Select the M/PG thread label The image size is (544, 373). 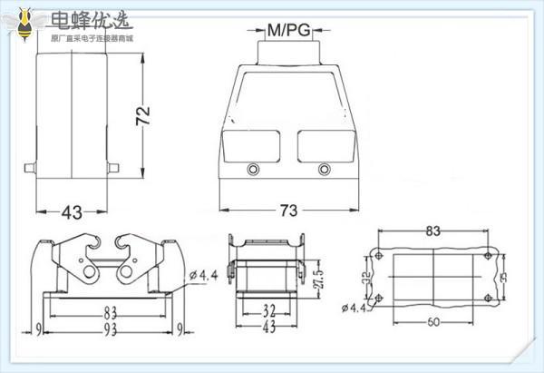[288, 31]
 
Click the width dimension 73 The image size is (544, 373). [287, 211]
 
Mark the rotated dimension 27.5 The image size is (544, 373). [317, 275]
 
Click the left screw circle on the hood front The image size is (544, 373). [252, 168]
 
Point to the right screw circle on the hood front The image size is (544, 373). [325, 168]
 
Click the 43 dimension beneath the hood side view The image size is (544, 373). [72, 212]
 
